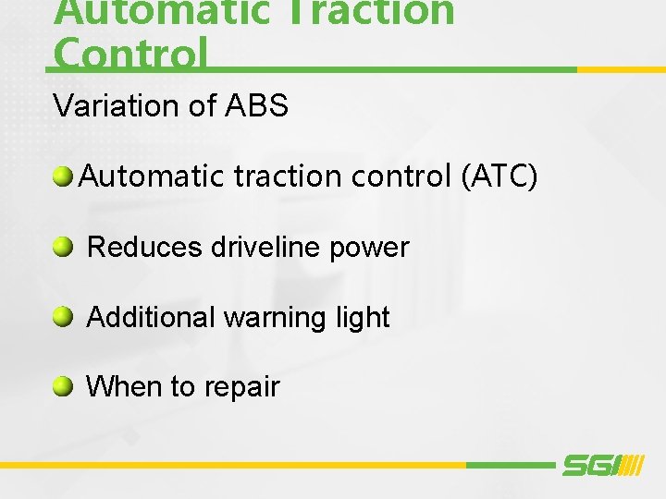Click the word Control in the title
130,54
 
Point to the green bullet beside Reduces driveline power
63,247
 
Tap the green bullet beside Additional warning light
63,317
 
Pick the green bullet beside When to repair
63,386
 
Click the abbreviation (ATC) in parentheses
499,176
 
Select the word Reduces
144,248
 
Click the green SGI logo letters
588,465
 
